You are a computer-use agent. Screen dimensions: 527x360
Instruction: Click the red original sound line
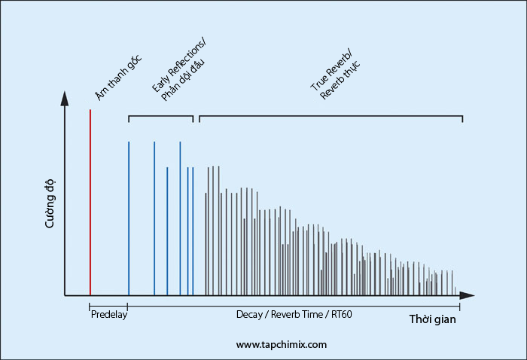(x=90, y=203)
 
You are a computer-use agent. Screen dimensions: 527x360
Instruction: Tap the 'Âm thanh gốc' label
(x=118, y=78)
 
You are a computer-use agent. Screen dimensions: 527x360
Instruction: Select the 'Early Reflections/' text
(x=178, y=66)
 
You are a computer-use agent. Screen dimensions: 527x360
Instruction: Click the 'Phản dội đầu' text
(x=183, y=81)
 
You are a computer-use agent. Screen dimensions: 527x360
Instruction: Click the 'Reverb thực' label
(x=340, y=80)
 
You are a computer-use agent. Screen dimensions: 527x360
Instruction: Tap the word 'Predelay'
(x=109, y=315)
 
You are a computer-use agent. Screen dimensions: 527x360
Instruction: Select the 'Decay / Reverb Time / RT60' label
(x=294, y=315)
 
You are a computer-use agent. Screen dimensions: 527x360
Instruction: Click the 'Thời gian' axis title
(x=433, y=319)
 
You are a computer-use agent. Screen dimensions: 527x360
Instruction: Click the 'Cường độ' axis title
(x=50, y=204)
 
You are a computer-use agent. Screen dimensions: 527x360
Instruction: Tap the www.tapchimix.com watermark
(x=282, y=344)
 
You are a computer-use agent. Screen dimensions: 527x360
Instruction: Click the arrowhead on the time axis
(x=468, y=295)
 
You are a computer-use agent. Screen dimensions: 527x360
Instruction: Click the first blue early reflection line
(x=129, y=218)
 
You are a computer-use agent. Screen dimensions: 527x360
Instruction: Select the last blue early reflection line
(x=193, y=231)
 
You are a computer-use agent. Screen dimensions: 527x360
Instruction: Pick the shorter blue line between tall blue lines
(x=167, y=231)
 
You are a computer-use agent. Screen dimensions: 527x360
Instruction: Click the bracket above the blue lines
(x=160, y=116)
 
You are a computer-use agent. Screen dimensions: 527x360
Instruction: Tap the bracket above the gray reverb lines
(x=331, y=116)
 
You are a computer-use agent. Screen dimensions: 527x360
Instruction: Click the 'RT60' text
(x=342, y=315)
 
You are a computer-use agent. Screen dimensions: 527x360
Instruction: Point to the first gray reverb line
(x=206, y=244)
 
